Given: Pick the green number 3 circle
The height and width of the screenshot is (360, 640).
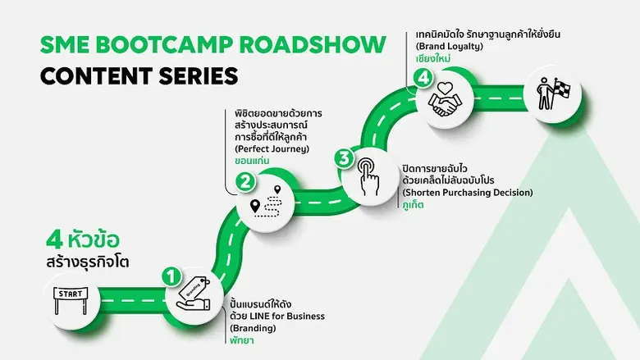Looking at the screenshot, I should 344,157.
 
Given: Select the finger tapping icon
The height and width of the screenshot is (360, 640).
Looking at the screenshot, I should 366,175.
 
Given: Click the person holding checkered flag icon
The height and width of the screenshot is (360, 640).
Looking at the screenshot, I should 548,93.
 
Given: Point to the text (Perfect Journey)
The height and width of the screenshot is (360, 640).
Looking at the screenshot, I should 271,149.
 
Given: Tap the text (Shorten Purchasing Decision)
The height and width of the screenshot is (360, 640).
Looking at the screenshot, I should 467,192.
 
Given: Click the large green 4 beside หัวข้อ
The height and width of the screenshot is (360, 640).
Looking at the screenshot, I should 54,241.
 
